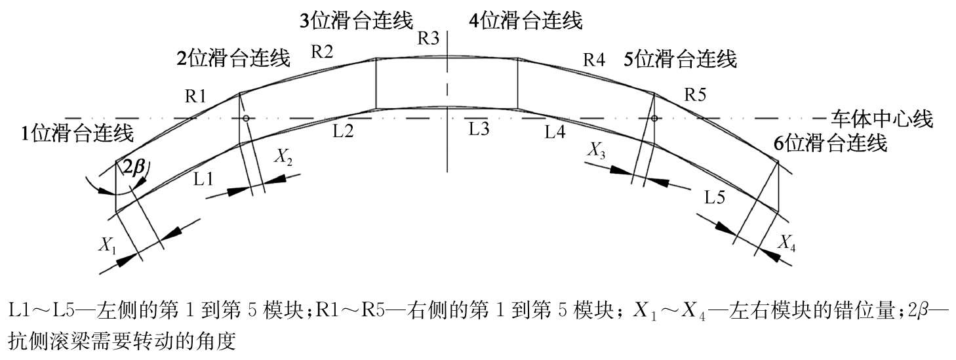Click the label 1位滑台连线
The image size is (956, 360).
77,134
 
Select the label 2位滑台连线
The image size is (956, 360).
233,59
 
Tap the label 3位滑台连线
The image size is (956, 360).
357,20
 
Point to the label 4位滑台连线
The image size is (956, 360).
526,20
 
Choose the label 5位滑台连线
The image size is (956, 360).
680,59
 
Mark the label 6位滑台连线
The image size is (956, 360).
831,143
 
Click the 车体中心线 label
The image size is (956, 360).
881,119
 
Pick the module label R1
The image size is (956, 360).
195,97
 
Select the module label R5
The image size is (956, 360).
695,94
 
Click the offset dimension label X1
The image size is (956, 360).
108,246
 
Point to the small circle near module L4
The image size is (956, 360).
654,118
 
